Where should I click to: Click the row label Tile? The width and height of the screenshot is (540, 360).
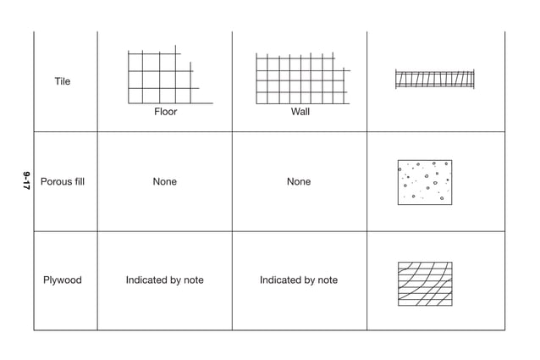point(63,82)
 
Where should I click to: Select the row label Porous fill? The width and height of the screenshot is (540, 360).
point(63,182)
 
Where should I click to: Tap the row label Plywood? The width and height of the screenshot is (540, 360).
point(63,280)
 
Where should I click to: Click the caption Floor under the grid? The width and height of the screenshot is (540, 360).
point(166,112)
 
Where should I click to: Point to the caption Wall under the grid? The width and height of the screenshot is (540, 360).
point(300,112)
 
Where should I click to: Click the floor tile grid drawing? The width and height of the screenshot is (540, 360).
point(165,77)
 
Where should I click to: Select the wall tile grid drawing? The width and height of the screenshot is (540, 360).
point(301,79)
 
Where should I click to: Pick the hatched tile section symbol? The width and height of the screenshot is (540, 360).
point(434,79)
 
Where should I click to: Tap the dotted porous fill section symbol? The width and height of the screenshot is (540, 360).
point(425,182)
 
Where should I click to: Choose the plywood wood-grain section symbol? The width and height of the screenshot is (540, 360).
point(425,284)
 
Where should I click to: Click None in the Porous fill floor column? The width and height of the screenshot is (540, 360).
point(165,182)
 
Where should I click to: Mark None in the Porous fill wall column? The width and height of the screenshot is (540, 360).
point(299,182)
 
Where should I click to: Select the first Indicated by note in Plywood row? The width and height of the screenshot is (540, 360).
point(165,280)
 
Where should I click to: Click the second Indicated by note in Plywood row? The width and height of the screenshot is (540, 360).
point(299,280)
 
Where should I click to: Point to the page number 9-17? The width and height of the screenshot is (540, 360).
point(26,180)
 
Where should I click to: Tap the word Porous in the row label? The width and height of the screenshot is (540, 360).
point(55,182)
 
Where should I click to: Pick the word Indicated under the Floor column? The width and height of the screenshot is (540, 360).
point(146,280)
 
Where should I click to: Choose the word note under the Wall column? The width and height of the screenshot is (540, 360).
point(327,280)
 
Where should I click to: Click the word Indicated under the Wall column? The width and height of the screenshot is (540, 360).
point(280,280)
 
